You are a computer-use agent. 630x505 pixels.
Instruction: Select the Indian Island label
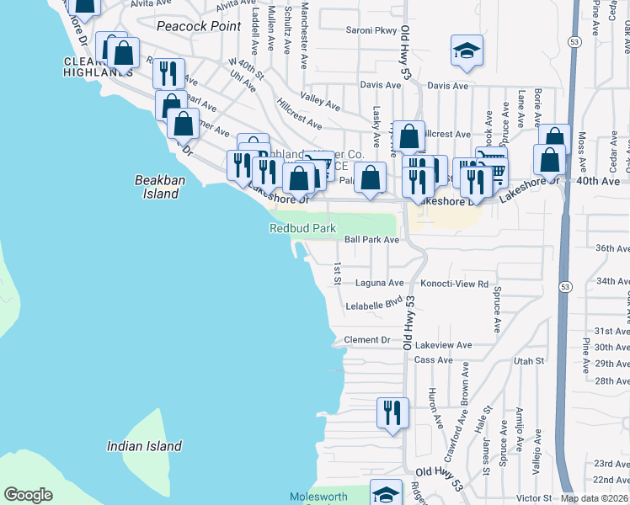pos(145,446)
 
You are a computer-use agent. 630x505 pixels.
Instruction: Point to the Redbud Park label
pos(302,228)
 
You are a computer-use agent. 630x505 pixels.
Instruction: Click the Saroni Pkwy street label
pos(371,30)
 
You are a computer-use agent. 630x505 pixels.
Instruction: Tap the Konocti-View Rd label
pos(455,284)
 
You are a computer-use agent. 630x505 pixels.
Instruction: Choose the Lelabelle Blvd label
pos(375,306)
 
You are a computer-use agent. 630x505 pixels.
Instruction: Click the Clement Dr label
pos(369,340)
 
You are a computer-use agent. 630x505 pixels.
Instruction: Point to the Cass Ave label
pos(434,359)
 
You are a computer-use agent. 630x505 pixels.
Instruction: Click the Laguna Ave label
pos(379,283)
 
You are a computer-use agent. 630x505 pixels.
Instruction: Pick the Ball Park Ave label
pos(371,240)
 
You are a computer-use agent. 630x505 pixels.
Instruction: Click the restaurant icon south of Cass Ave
pos(392,413)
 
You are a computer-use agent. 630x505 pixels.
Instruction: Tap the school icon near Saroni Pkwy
pos(465,51)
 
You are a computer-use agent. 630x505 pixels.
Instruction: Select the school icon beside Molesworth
pos(387,495)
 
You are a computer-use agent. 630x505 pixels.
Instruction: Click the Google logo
pos(28,495)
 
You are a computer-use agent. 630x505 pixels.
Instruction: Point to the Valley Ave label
pos(320,105)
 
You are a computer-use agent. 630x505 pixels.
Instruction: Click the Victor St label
pos(534,498)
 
